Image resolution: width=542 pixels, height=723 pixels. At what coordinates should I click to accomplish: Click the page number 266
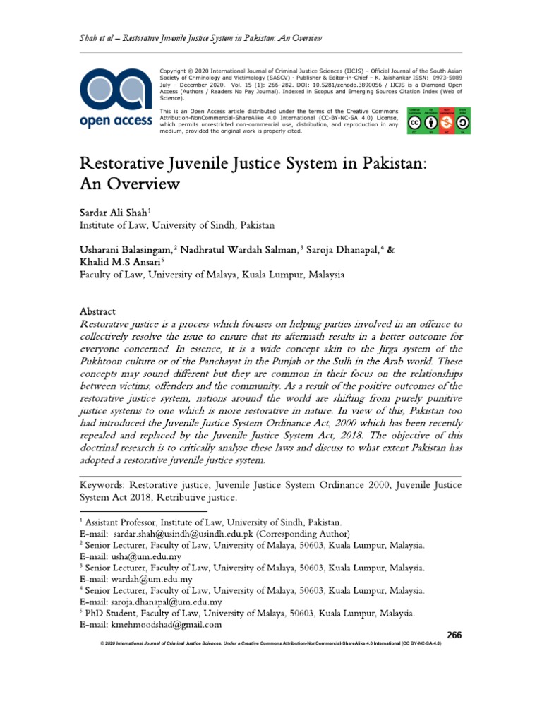454,635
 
